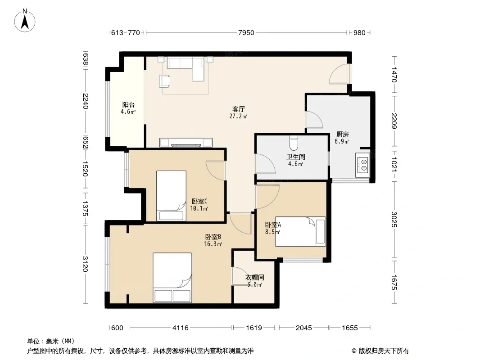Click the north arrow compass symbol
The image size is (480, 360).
25,20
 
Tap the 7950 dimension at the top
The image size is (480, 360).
246,32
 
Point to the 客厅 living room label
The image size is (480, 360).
239,109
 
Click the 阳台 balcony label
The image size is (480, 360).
128,104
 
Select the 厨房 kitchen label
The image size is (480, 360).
342,134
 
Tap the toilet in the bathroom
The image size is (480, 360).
293,143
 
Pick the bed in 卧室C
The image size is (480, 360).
172,195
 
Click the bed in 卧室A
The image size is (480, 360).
300,231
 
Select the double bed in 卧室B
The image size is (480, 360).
172,277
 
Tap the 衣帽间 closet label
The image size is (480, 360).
255,277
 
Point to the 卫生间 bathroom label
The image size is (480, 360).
296,157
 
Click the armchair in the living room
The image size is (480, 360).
165,81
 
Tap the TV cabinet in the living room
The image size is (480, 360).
186,143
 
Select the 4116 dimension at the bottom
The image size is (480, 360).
181,328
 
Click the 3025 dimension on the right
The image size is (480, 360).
394,219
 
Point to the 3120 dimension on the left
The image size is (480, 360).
86,264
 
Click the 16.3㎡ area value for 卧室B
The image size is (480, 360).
213,244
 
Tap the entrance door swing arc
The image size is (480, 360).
339,74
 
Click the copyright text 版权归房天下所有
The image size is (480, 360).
384,351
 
